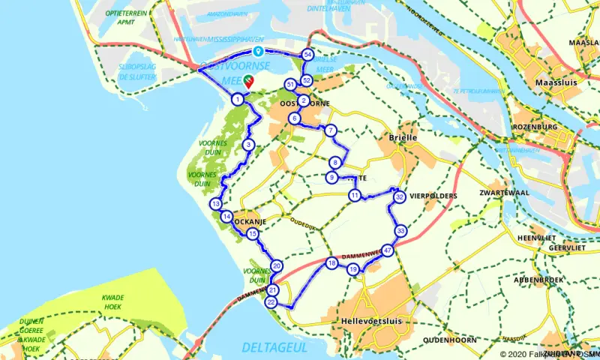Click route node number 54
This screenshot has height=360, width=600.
point(307,54)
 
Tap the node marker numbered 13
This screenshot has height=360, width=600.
point(216,204)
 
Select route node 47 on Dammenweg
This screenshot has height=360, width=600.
point(388,250)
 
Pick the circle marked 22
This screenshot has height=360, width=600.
point(271,301)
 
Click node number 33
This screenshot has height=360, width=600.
point(401,230)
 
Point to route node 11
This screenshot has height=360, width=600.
point(354,196)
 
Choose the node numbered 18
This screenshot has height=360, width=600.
point(331,263)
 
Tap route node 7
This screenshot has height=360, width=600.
point(330,130)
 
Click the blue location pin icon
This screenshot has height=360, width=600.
point(257,52)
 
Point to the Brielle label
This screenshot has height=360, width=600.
point(403,138)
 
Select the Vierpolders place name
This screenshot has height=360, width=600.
point(433,196)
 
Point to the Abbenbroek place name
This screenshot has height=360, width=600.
point(539,279)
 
